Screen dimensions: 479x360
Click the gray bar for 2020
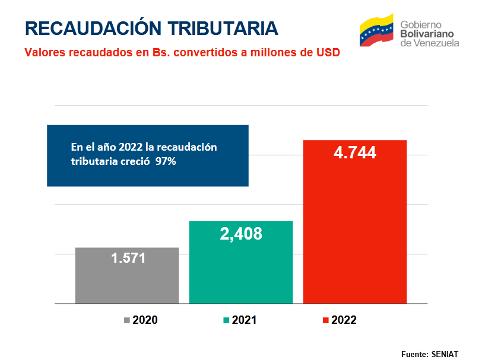tap(127, 275)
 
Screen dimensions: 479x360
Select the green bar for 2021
tap(241, 262)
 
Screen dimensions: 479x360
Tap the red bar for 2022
tap(355, 222)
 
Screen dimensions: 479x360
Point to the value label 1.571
tap(128, 258)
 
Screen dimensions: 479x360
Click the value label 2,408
tap(241, 234)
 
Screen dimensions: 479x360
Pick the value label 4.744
tap(355, 152)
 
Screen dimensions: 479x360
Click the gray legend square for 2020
tap(127, 320)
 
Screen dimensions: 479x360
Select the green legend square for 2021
tap(226, 320)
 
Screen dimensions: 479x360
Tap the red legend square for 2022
tap(326, 320)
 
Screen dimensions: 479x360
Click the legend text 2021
tap(244, 320)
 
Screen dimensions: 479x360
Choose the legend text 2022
tap(344, 320)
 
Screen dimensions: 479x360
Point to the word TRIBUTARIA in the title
tap(223, 28)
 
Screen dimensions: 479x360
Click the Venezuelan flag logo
tap(376, 30)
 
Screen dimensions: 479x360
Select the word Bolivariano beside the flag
tap(427, 34)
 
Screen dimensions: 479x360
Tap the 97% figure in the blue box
tap(166, 161)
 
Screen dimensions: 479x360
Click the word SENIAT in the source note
tap(445, 354)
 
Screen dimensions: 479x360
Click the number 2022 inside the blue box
tap(131, 147)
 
